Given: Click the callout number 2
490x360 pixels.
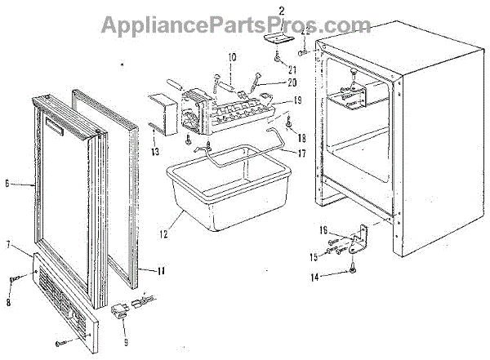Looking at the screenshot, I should tap(281, 11).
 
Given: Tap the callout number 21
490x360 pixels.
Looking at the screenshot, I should tap(281, 69).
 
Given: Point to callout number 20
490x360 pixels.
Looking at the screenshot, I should tap(270, 84).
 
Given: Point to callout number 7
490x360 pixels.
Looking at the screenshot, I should tap(7, 245).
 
